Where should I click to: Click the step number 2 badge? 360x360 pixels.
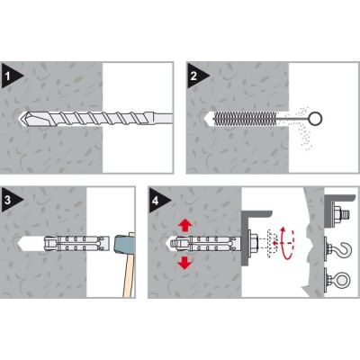tap(194, 76)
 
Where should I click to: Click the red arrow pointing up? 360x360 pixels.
tap(185, 225)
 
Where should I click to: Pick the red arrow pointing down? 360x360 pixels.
tap(184, 263)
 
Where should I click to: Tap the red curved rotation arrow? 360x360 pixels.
tap(286, 243)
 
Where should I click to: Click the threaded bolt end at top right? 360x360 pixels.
tap(346, 214)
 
